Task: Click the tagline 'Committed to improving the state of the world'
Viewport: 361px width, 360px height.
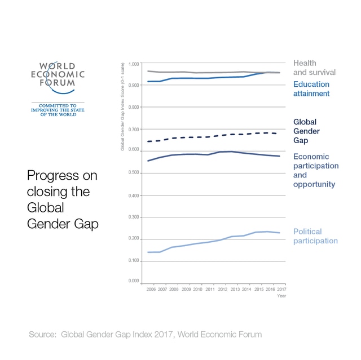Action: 58,109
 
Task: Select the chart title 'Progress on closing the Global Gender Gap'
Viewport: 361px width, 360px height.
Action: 62,200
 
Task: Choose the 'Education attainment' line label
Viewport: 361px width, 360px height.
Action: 311,89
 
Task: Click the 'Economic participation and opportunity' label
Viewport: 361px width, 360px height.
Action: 316,171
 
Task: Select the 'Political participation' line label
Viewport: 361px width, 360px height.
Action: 315,236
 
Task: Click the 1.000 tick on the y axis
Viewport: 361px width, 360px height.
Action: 133,64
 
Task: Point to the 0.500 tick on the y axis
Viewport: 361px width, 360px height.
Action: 133,172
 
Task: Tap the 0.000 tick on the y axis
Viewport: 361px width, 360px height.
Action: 133,281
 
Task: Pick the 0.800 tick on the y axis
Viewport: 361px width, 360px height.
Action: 133,107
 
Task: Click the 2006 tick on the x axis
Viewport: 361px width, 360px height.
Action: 151,289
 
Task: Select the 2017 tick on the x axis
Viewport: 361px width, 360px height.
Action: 280,289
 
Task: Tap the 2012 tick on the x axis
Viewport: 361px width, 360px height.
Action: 222,289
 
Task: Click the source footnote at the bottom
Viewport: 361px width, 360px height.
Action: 146,335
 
